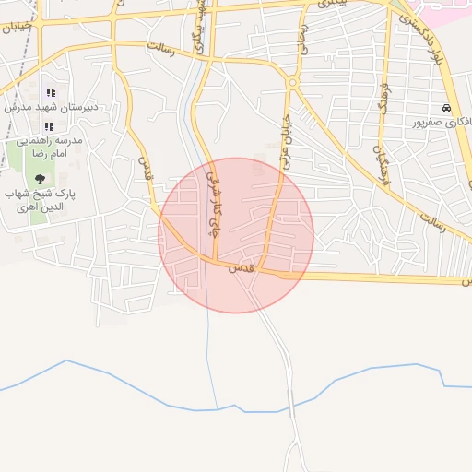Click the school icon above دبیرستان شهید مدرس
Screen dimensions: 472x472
50,92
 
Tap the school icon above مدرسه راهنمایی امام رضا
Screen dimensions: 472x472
50,125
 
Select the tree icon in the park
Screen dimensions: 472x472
39,179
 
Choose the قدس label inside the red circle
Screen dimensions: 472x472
242,266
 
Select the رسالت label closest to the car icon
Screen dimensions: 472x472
432,222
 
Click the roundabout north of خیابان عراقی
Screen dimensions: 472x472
292,83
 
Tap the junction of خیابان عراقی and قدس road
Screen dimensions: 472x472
262,270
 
